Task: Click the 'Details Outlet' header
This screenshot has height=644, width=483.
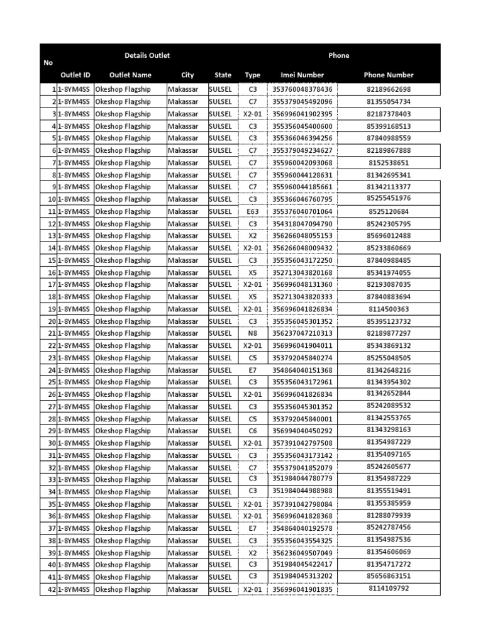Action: (x=147, y=55)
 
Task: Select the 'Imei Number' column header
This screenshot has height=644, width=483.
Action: (x=302, y=75)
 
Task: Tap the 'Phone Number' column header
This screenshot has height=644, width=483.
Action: (x=388, y=75)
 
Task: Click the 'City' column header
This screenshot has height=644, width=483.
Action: (x=187, y=75)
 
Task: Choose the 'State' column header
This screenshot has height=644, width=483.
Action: (x=223, y=75)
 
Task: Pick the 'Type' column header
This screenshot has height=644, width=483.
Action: (x=252, y=75)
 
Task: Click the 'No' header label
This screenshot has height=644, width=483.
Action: (x=48, y=63)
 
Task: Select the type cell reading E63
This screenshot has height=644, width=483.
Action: (x=253, y=211)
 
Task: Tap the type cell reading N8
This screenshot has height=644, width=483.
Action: (x=253, y=333)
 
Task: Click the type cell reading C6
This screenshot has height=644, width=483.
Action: (x=253, y=431)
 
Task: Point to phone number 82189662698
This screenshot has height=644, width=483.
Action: (x=388, y=89)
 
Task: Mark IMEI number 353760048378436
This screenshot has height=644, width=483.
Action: (x=302, y=89)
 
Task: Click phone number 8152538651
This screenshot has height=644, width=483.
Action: (x=388, y=162)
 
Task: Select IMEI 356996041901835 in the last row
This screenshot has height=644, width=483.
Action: (x=302, y=589)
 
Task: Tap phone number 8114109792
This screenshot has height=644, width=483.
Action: (x=388, y=589)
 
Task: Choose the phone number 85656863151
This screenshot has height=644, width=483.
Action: (x=388, y=576)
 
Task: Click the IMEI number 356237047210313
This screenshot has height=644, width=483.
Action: (x=302, y=333)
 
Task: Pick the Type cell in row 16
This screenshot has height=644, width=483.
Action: (x=253, y=272)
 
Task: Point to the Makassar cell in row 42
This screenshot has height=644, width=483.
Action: (x=183, y=589)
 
